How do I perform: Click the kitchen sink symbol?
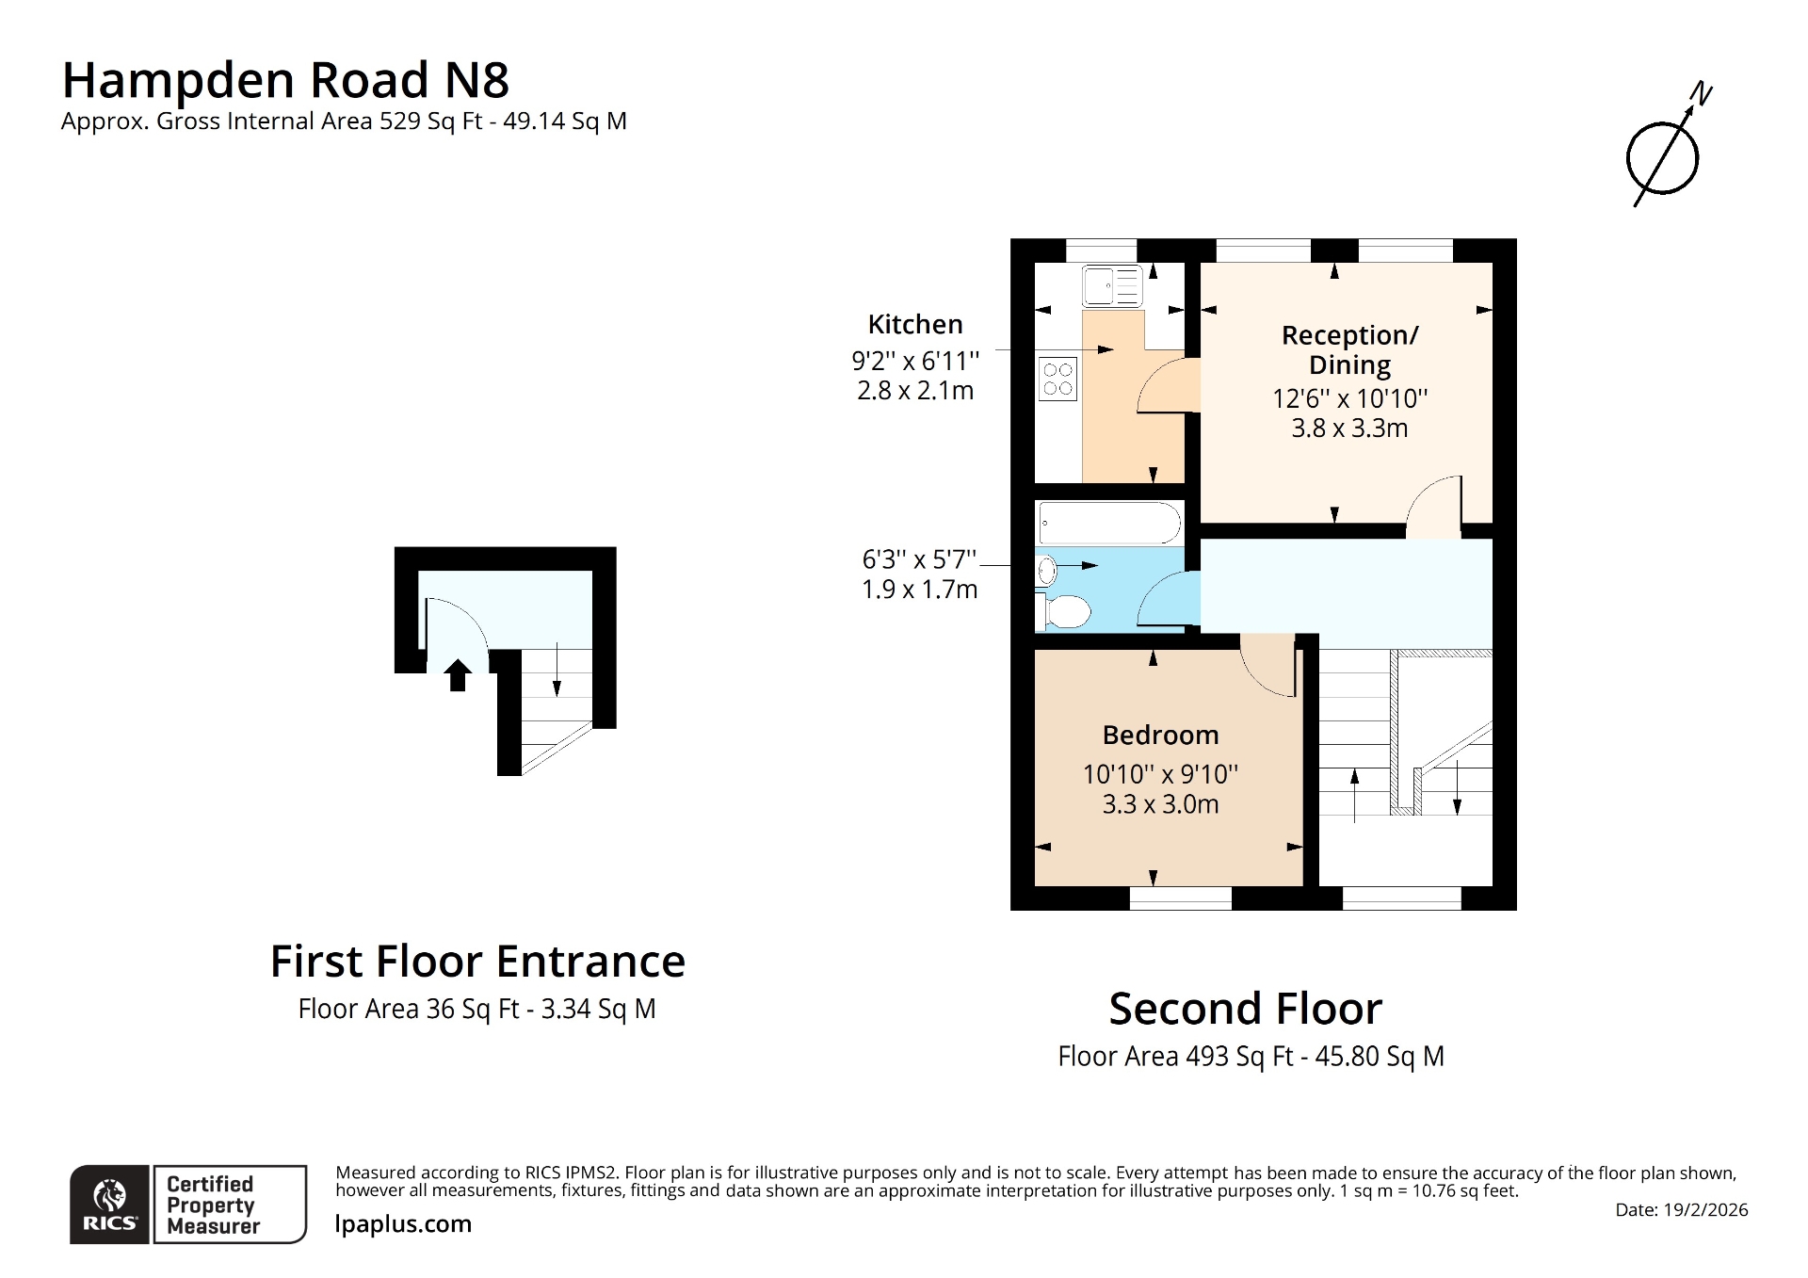(1112, 285)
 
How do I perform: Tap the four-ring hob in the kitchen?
(1057, 379)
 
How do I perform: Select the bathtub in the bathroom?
(1108, 524)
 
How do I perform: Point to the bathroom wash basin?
(1046, 570)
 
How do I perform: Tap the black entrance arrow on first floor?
(458, 674)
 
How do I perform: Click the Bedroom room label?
(1160, 735)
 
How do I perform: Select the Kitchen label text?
(914, 324)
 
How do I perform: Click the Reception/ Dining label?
(1349, 349)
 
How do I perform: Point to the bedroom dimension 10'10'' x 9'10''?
(1160, 774)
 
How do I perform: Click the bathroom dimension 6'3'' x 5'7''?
(919, 559)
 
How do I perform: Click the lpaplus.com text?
(403, 1223)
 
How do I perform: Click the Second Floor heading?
(1245, 1009)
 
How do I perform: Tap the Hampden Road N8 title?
(285, 80)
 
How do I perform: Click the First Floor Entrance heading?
(477, 962)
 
